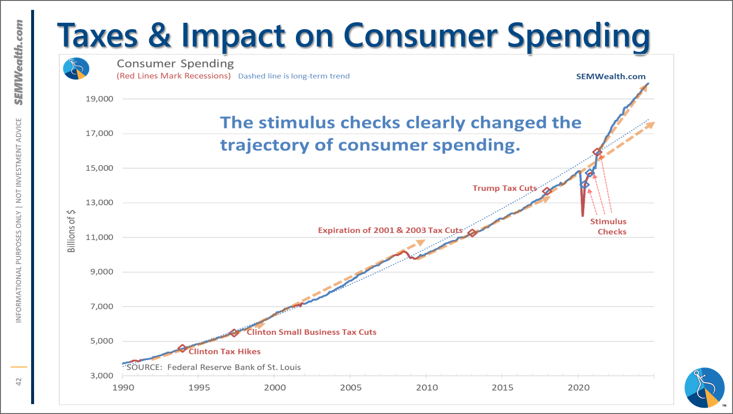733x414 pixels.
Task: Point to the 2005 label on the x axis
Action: coord(351,387)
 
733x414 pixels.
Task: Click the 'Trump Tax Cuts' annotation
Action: coord(505,188)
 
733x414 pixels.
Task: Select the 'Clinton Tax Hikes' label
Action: coord(224,351)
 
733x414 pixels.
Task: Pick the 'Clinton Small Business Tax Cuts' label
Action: coord(311,332)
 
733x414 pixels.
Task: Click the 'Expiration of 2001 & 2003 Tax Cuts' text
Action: coord(390,230)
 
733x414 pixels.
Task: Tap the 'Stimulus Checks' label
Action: coord(608,227)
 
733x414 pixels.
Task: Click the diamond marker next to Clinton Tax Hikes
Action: coord(182,349)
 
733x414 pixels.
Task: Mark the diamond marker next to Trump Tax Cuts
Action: coord(547,191)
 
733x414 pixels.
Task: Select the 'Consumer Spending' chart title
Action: coord(175,64)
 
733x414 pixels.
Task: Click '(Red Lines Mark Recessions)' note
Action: coord(173,76)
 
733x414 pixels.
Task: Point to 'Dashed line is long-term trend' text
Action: coord(294,76)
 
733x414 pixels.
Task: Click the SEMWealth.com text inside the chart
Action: coord(611,76)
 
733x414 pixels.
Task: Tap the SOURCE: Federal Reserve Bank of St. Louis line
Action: coord(214,367)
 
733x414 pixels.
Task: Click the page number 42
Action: coord(19,381)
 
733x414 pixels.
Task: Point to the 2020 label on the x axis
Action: coord(578,387)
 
